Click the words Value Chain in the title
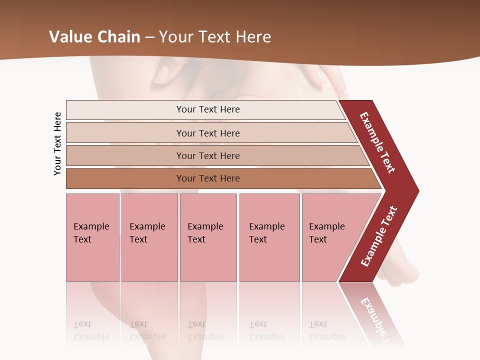[x=94, y=37]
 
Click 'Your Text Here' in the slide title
[x=215, y=37]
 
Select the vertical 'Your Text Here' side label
[x=57, y=143]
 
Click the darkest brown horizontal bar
[x=125, y=178]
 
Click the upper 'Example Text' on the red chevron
[x=377, y=142]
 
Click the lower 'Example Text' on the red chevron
[x=379, y=236]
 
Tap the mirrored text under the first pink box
[x=91, y=330]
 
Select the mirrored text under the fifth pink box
[x=326, y=330]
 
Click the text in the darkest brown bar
[x=208, y=178]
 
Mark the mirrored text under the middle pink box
[x=205, y=330]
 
